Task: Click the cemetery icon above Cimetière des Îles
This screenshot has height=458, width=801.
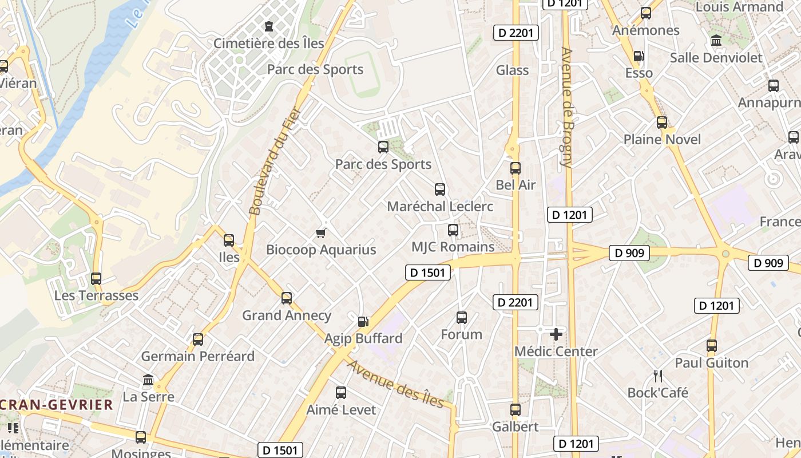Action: tap(269, 26)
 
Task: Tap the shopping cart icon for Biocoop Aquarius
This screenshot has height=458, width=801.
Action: tap(321, 233)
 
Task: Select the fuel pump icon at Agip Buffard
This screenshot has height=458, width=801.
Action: tap(363, 322)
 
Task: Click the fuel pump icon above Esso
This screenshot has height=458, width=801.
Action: tap(639, 56)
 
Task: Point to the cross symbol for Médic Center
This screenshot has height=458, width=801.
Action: tap(556, 334)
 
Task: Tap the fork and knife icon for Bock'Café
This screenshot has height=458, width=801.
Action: tap(658, 376)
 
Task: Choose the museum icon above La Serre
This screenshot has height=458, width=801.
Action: tap(148, 380)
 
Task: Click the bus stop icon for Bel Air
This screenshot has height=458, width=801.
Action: tap(516, 168)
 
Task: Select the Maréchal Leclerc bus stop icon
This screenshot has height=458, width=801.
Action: tap(440, 189)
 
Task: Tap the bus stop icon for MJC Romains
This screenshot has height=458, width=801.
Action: tap(453, 230)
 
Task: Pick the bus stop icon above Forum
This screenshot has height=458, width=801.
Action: tap(462, 318)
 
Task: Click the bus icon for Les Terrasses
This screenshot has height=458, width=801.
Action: tap(96, 279)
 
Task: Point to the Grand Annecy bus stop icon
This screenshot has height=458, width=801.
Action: tap(287, 298)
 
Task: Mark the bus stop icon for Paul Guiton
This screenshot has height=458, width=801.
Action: tap(712, 346)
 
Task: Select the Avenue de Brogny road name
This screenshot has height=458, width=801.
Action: tap(567, 107)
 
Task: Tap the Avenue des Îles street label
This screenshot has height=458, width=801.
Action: tap(395, 384)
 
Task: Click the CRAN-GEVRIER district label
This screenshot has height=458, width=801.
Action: tap(56, 405)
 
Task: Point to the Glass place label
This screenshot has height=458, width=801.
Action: tap(512, 70)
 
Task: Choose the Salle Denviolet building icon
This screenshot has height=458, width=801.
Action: tap(716, 41)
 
